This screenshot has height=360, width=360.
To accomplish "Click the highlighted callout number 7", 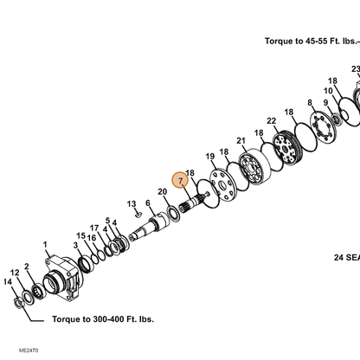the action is [x=180, y=181].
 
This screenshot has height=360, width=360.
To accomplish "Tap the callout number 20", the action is [x=163, y=191].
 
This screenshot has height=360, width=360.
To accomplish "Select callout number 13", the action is [x=132, y=204].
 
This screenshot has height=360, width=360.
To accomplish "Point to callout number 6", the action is [x=148, y=202].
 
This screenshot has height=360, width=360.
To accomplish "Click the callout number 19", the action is [x=210, y=157].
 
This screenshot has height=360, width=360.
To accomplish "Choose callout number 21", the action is [x=241, y=141].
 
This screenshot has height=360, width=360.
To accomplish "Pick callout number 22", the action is [x=271, y=121].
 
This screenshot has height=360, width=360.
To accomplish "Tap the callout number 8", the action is [x=310, y=102].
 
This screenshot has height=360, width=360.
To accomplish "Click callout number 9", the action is [x=325, y=102].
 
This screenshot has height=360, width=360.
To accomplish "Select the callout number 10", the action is [x=328, y=91].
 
